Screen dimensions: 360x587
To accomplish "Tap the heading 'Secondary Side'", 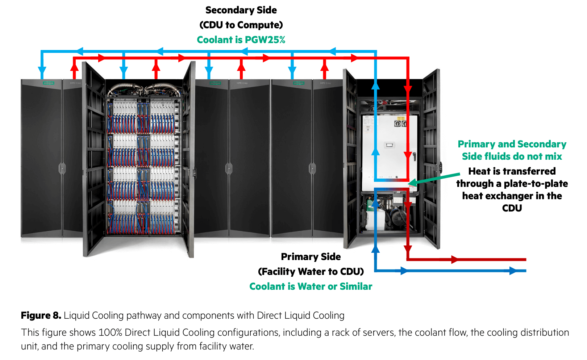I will tap(241, 10).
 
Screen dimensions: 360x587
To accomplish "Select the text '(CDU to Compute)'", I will tap(241, 25).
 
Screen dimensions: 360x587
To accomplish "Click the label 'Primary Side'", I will tap(311, 257).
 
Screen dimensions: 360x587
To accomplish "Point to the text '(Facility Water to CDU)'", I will tap(311, 272).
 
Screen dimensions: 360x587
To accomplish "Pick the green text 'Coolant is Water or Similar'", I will tap(311, 286).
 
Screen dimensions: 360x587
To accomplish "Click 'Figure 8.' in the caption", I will tap(41, 315).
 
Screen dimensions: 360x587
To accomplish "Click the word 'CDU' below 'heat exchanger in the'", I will tap(512, 208).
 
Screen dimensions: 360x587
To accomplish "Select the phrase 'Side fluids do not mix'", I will tap(512, 156).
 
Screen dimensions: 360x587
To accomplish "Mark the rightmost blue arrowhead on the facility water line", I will tap(512, 271).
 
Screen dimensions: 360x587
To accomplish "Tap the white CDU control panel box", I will tap(390, 152).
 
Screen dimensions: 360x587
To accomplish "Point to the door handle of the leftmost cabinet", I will tap(62, 168).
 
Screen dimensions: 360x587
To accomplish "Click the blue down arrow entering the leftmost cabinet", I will tap(42, 71).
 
